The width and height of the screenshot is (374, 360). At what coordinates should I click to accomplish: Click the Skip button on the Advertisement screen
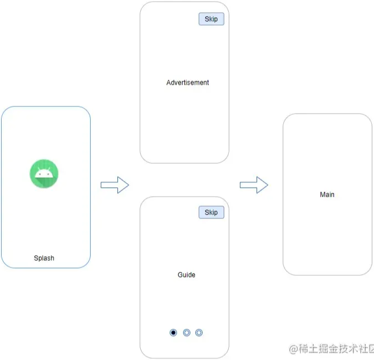pyautogui.click(x=211, y=19)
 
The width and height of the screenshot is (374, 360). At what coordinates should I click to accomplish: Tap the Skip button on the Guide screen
pyautogui.click(x=211, y=212)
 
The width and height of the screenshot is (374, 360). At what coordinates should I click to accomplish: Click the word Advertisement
pyautogui.click(x=188, y=82)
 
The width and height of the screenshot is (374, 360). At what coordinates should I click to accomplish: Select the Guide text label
pyautogui.click(x=186, y=275)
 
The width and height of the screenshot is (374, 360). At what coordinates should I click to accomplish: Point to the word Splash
pyautogui.click(x=44, y=258)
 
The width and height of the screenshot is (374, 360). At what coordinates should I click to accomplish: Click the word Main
pyautogui.click(x=327, y=194)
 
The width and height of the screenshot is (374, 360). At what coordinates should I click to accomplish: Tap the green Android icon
pyautogui.click(x=44, y=173)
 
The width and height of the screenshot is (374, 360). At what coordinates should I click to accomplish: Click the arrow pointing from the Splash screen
pyautogui.click(x=115, y=185)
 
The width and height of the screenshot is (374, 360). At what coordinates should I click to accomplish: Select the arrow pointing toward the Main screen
pyautogui.click(x=254, y=185)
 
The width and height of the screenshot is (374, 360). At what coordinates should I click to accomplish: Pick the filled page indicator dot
pyautogui.click(x=174, y=333)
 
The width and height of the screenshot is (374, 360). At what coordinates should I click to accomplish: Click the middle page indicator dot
pyautogui.click(x=186, y=333)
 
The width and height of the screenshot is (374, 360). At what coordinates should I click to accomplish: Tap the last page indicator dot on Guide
pyautogui.click(x=199, y=333)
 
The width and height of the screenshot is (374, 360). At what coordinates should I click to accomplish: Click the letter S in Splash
pyautogui.click(x=36, y=258)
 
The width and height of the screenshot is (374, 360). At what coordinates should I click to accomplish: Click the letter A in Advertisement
pyautogui.click(x=169, y=82)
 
